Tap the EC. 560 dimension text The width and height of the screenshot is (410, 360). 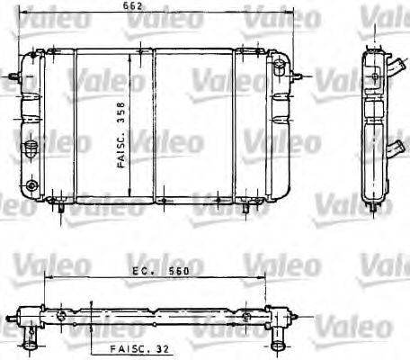150,268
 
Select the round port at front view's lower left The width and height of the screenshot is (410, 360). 33,186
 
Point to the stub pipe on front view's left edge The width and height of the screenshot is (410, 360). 12,76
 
